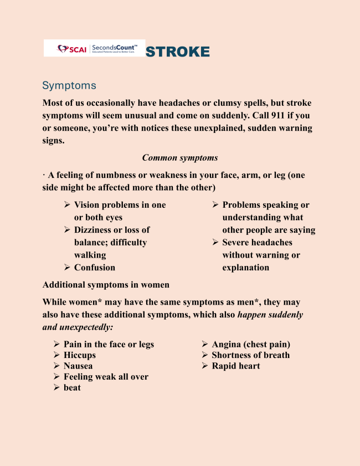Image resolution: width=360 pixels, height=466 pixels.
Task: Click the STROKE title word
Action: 177,52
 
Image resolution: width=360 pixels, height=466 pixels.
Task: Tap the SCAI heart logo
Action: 62,49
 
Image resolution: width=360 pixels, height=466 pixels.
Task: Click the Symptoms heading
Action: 69,86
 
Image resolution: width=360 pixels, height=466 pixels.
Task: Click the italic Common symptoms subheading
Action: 180,158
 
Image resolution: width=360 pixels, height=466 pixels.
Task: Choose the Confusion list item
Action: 95,268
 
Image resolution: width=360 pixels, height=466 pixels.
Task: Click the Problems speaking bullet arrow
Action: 215,205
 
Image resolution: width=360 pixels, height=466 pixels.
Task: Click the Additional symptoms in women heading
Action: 106,285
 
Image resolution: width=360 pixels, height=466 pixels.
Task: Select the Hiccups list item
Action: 80,355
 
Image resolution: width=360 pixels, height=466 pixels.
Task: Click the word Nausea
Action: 78,366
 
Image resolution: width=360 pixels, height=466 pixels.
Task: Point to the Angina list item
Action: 251,345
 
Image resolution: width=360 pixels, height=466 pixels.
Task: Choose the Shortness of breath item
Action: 250,355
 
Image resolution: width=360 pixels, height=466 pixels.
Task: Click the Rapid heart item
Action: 235,366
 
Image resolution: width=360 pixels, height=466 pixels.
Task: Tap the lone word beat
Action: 72,388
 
